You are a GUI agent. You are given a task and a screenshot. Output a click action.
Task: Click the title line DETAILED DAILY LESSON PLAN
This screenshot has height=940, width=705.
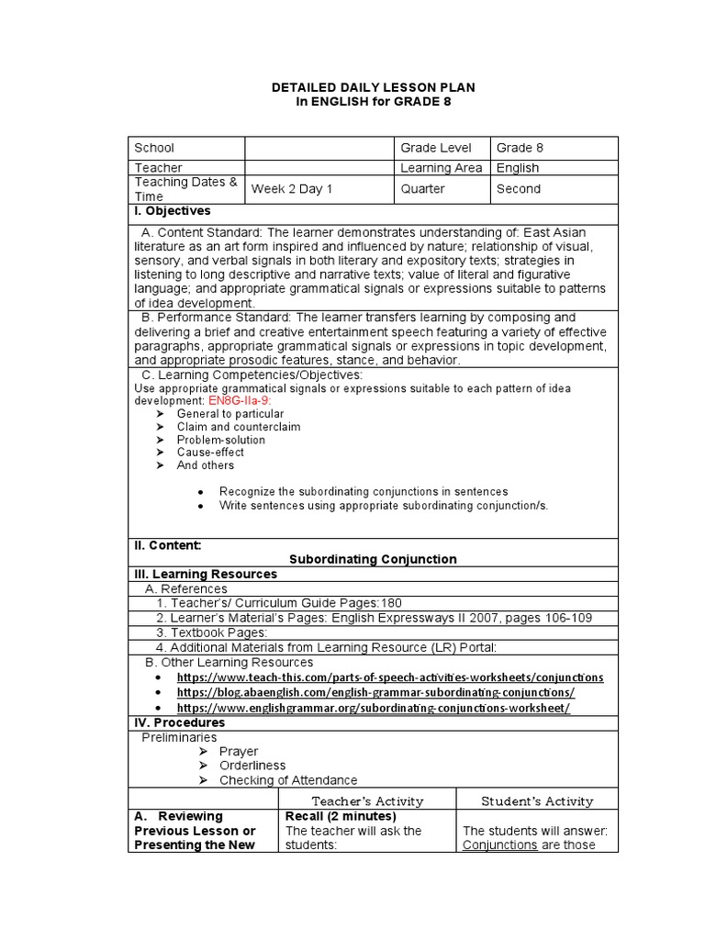click(373, 86)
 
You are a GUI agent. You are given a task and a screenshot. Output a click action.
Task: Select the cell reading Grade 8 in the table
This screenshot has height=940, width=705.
click(520, 148)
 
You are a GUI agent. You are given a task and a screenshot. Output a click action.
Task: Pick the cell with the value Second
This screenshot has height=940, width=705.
click(519, 189)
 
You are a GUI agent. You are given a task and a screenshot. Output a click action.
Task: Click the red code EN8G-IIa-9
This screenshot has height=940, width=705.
click(241, 401)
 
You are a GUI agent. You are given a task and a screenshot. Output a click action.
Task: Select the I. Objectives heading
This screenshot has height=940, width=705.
click(173, 211)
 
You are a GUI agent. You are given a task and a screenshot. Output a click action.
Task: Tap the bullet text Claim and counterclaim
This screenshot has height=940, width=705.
click(239, 427)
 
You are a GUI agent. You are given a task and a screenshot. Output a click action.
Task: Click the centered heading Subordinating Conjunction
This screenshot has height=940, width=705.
click(373, 559)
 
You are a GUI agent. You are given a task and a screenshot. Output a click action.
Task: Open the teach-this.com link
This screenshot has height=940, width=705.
click(390, 677)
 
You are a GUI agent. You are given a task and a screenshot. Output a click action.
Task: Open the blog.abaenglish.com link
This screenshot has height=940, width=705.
click(375, 693)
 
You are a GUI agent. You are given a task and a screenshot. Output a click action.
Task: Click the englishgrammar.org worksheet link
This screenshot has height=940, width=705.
click(373, 709)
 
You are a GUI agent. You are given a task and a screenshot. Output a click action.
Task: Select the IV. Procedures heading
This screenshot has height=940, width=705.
click(180, 722)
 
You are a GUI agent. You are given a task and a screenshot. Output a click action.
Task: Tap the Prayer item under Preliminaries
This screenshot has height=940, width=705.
click(239, 751)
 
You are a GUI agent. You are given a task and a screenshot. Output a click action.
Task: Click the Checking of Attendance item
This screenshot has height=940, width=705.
click(288, 780)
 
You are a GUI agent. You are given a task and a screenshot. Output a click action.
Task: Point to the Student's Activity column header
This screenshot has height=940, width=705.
click(537, 801)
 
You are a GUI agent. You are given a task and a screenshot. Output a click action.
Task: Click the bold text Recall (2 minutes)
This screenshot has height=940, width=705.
click(341, 816)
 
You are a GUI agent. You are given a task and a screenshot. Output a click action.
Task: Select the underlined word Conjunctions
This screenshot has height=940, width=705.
click(500, 845)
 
